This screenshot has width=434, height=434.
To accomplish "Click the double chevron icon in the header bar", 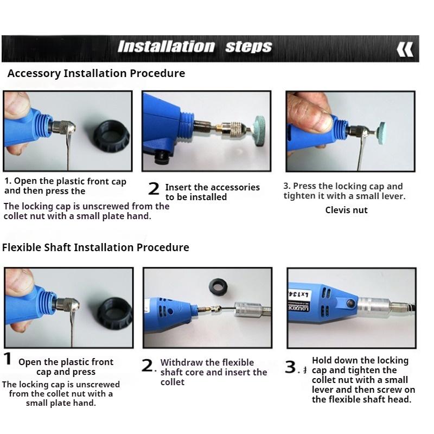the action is point(405,49).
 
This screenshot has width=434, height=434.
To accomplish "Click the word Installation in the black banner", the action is point(166,47).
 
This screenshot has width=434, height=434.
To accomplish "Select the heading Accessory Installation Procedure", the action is point(97,74).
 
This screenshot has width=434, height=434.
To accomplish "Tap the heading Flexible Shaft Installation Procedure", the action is point(95,247).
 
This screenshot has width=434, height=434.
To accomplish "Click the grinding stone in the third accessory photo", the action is point(380,132).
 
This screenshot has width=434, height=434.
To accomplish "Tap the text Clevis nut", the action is point(346,210).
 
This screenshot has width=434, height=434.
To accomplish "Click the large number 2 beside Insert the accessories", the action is point(154,188).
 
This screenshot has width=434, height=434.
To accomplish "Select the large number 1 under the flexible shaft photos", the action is point(8,359).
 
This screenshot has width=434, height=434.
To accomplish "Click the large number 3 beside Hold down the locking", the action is point(291,367).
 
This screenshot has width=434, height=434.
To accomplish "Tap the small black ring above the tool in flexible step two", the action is point(219,287).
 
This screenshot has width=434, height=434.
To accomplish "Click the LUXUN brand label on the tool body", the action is point(298,301).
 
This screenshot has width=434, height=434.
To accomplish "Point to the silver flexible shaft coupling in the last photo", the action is point(374,308).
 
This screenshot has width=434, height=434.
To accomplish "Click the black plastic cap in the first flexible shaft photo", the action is point(115,313).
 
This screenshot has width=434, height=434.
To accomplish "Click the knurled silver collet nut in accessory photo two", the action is point(237,129).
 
